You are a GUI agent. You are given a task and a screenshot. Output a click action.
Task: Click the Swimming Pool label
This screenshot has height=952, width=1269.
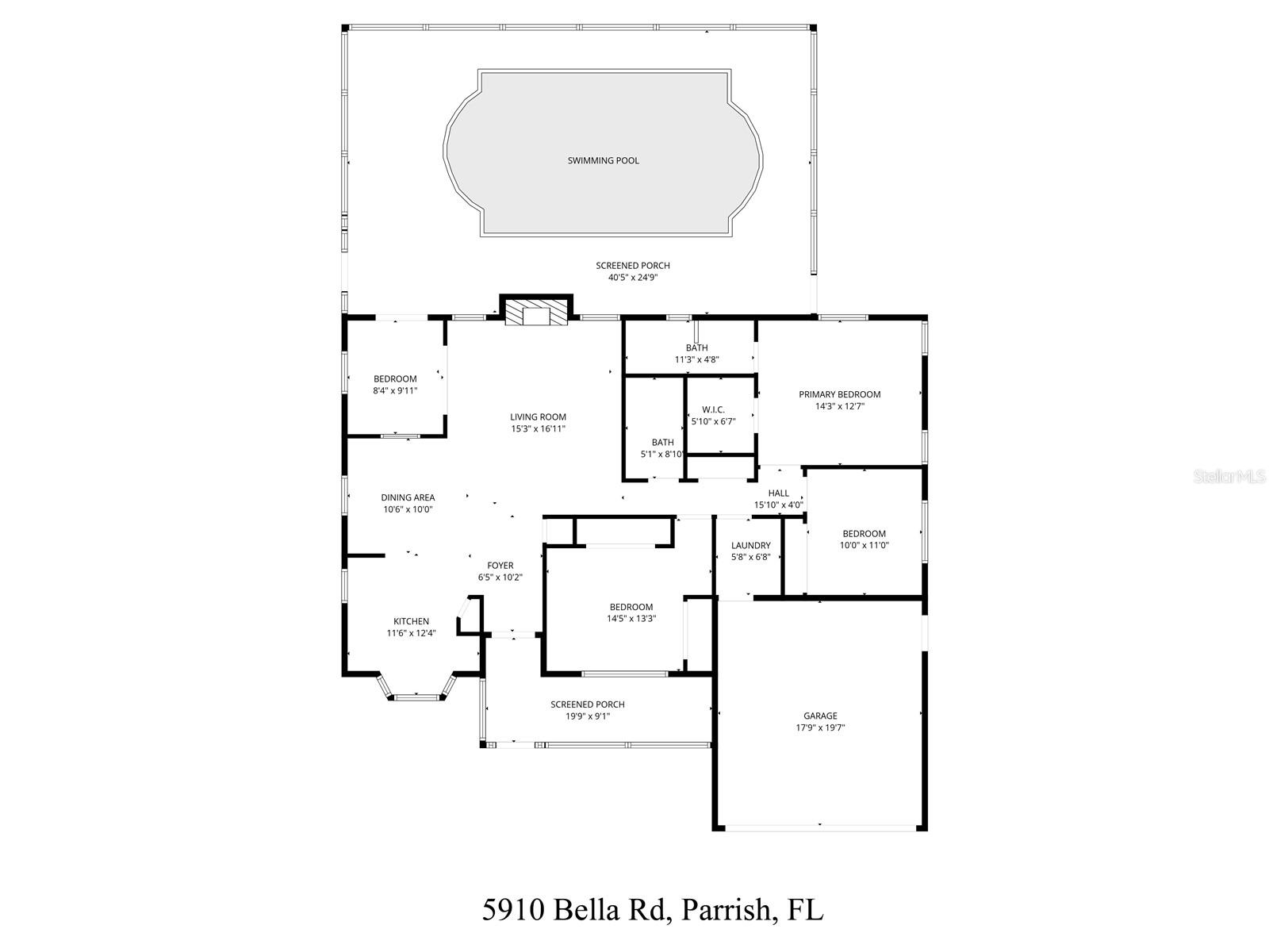[603, 161]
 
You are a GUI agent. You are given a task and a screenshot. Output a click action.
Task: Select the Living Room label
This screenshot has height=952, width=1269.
[538, 417]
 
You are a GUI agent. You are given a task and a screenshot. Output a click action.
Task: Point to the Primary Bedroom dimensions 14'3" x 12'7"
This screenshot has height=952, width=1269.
[839, 406]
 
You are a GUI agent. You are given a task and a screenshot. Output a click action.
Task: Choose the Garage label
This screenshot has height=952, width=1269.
[820, 716]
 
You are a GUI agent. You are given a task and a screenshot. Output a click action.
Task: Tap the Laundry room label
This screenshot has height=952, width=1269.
[750, 546]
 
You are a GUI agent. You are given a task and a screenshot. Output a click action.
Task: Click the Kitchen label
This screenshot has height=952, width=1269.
[411, 622]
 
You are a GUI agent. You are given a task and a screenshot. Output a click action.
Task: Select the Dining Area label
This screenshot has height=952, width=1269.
[408, 498]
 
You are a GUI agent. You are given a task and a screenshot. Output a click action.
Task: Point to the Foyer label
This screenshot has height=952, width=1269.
[500, 566]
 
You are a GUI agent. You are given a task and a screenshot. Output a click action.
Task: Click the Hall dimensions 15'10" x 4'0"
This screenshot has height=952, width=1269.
[778, 505]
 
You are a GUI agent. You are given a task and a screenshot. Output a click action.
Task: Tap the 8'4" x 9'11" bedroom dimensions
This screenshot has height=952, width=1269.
[395, 390]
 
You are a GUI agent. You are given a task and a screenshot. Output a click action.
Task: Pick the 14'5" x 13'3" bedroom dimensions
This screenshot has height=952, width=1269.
[631, 619]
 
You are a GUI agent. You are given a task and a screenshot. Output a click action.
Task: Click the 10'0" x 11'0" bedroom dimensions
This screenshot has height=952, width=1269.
[864, 545]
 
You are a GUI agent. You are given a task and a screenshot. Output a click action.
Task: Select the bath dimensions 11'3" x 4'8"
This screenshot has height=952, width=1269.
[696, 359]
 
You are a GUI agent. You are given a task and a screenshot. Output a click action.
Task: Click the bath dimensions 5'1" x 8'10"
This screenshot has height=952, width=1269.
[662, 455]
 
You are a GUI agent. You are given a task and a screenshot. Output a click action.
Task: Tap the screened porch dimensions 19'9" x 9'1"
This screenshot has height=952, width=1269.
[587, 716]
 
